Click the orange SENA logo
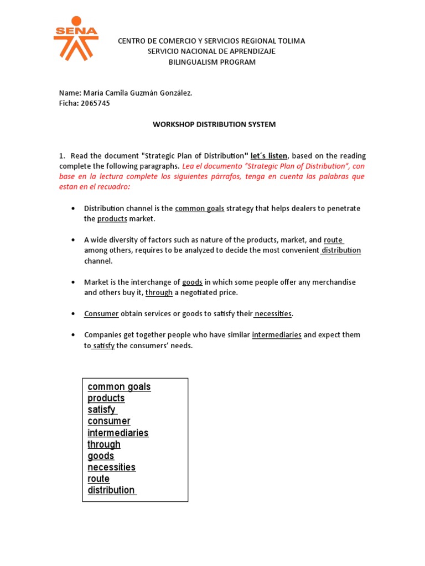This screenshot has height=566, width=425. click(76, 39)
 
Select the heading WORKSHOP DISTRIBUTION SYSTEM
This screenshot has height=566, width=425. click(214, 124)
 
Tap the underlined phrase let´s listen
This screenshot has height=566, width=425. click(269, 156)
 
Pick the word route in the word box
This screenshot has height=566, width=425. click(99, 479)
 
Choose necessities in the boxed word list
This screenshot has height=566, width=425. click(111, 467)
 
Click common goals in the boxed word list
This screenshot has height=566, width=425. click(119, 386)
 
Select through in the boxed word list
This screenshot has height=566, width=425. click(103, 444)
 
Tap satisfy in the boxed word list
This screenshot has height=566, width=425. click(102, 410)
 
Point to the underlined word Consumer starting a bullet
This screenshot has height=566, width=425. click(101, 314)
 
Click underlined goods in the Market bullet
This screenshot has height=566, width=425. click(192, 282)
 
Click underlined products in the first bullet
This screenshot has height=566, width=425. click(112, 219)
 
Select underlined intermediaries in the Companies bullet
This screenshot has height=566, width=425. click(277, 335)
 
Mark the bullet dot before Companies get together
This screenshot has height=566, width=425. click(74, 335)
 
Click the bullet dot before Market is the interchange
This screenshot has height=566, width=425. click(74, 282)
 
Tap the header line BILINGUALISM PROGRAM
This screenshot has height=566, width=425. click(212, 62)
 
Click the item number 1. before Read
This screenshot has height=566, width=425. click(63, 156)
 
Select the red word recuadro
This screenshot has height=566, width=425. click(114, 187)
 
